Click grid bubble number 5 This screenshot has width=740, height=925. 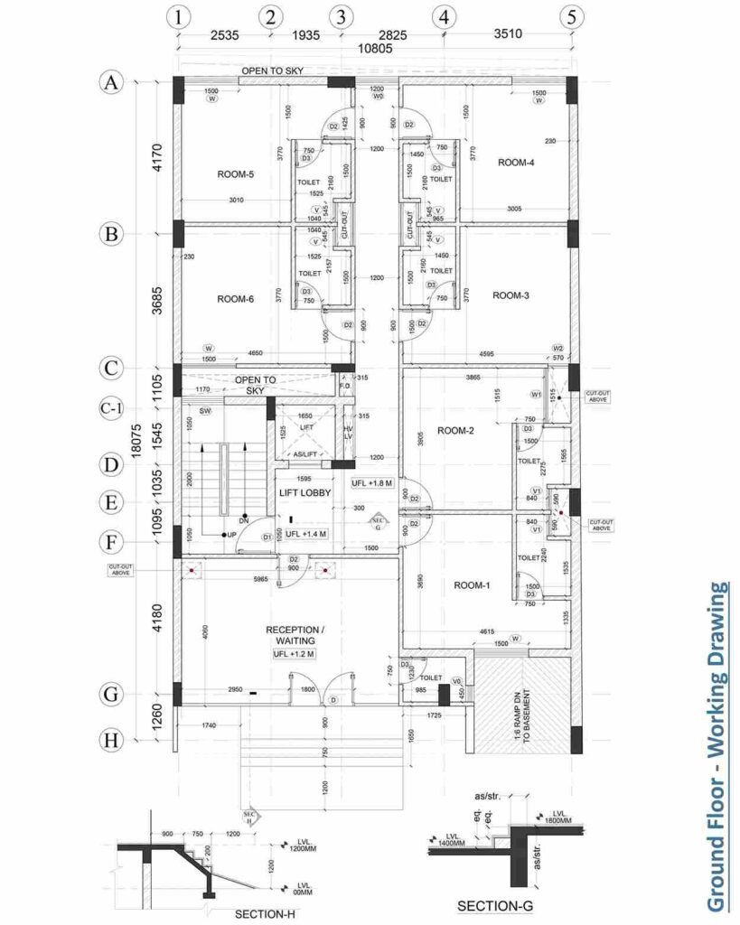click(570, 16)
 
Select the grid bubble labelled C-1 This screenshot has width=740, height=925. click(110, 408)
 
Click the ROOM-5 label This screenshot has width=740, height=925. click(235, 174)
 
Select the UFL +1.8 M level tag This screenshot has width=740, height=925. click(372, 483)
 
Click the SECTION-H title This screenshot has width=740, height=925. click(267, 914)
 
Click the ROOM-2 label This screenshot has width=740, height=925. click(456, 431)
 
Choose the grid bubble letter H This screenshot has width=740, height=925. click(111, 740)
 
